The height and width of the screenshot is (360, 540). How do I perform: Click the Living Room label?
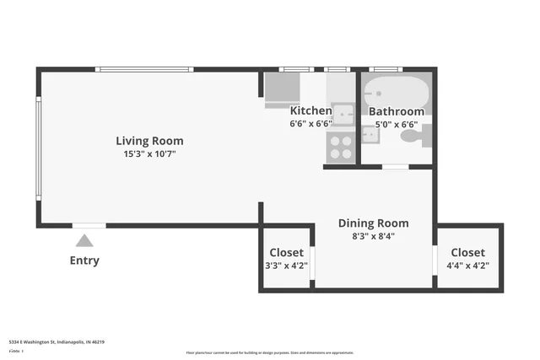click(149, 141)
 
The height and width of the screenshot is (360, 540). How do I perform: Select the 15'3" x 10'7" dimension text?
click(149, 154)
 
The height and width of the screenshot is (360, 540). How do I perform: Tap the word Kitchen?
click(310, 110)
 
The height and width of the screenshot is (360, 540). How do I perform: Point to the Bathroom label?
click(396, 111)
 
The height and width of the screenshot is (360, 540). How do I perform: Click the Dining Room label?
click(373, 223)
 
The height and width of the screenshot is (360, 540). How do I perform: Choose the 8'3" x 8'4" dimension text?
click(373, 237)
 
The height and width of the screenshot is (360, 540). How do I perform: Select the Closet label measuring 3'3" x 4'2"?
click(286, 253)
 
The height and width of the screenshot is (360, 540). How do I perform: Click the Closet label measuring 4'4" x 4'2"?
click(467, 253)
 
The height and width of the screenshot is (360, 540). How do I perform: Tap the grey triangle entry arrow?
click(84, 241)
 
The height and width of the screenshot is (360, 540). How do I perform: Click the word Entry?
click(84, 261)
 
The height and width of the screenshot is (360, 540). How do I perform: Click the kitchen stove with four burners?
click(342, 148)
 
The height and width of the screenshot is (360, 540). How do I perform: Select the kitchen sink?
click(343, 114)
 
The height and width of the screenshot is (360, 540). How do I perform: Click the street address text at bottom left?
click(57, 342)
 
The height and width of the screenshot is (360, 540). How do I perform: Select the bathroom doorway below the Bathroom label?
click(396, 167)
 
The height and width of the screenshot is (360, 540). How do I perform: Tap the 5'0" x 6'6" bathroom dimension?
click(397, 124)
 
